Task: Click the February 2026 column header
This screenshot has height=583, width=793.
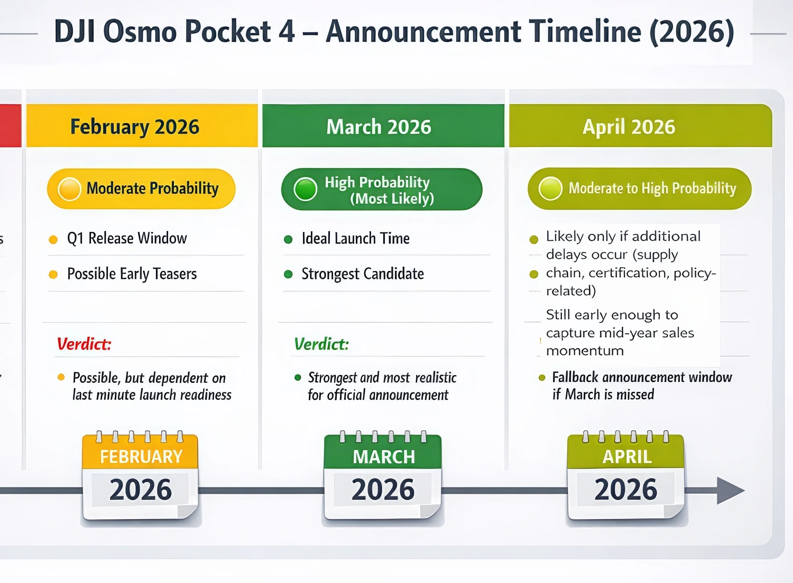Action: point(142,126)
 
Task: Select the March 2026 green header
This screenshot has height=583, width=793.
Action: point(383,126)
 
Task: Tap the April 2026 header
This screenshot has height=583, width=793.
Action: point(640,126)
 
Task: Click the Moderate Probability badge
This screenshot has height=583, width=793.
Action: point(141,189)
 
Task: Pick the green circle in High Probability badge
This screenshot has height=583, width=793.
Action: point(305,189)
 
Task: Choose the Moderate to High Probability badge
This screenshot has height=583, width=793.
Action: point(639,189)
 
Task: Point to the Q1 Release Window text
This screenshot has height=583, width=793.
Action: point(127,238)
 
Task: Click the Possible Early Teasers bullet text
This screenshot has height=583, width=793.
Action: point(132,274)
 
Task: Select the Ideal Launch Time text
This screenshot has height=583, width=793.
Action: point(355,238)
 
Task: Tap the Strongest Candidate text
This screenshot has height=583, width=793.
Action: point(363,274)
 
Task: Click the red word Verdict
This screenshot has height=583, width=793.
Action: point(84,344)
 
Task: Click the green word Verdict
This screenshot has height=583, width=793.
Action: point(321,344)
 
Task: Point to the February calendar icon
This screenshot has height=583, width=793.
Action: point(140,475)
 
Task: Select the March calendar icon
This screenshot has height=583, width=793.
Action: point(383,475)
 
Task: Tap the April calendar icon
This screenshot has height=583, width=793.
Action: point(625,475)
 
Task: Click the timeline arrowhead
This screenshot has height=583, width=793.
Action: point(731,491)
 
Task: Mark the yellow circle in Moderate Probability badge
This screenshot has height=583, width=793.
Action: point(69,189)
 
